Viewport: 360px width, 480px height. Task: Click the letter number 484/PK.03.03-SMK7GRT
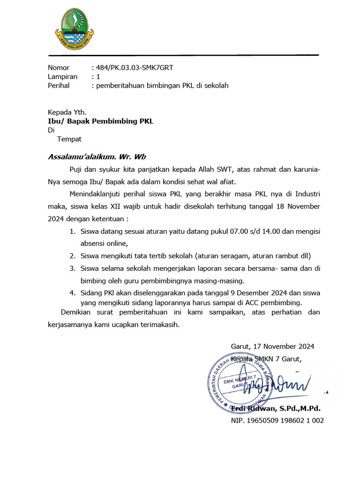[x=134, y=67]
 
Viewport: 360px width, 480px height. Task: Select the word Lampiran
[x=63, y=76]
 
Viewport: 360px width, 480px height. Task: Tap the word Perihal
[x=59, y=86]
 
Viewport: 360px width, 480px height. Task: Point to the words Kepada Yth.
[x=67, y=112]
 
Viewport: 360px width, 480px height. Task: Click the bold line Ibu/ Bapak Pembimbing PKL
[x=101, y=121]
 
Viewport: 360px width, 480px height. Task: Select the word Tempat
[x=69, y=139]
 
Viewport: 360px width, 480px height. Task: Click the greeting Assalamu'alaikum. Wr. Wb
[x=97, y=157]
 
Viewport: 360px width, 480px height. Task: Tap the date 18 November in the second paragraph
[x=292, y=206]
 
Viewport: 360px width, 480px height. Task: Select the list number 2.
[x=73, y=256]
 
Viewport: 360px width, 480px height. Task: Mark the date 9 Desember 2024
[x=250, y=293]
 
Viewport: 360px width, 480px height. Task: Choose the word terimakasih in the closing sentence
[x=159, y=324]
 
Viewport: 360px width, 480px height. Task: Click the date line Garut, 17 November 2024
[x=272, y=346]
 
